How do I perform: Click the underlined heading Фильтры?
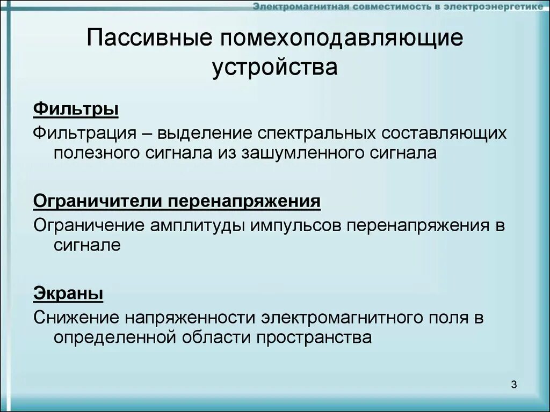tap(76, 109)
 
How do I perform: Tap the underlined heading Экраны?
tap(68, 293)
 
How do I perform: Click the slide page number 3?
tap(513, 384)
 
